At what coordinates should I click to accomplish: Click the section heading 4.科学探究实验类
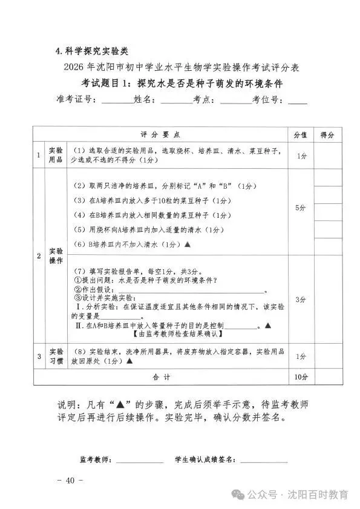pyautogui.click(x=90, y=50)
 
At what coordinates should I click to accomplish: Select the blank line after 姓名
pyautogui.click(x=176, y=102)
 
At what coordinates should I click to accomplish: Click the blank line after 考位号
pyautogui.click(x=298, y=102)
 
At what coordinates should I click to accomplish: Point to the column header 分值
pyautogui.click(x=301, y=134)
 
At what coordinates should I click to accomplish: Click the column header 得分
pyautogui.click(x=327, y=134)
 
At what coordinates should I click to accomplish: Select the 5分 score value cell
pyautogui.click(x=301, y=208)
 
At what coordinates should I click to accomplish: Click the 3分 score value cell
pyautogui.click(x=301, y=300)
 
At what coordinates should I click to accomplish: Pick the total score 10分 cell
pyautogui.click(x=301, y=376)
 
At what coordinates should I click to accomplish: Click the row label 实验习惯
pyautogui.click(x=55, y=356)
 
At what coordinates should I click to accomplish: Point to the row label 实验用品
pyautogui.click(x=55, y=155)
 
